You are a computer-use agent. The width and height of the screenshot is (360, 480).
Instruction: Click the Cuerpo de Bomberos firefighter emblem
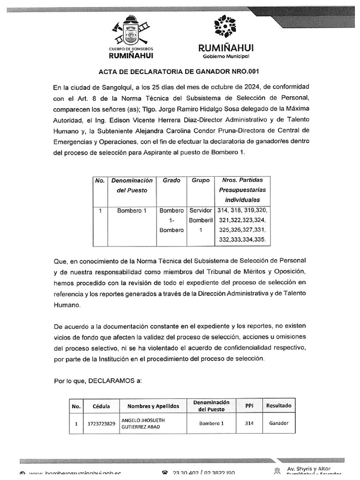131,30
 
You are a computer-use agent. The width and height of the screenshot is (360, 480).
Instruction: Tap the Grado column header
171,180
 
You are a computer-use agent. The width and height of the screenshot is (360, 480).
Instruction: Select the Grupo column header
201,180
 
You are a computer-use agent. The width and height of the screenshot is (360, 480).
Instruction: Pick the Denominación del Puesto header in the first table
132,185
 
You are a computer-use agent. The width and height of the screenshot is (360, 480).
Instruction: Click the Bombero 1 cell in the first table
132,210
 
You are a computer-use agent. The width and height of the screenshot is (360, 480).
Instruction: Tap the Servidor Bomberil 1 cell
201,220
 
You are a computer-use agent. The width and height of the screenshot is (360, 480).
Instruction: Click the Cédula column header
101,406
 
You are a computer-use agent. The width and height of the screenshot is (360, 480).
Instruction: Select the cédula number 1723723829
101,423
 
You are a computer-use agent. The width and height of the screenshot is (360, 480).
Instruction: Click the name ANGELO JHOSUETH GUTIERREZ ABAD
143,423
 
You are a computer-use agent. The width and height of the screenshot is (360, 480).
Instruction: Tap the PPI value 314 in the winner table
249,423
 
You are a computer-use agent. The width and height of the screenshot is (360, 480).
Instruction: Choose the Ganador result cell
278,423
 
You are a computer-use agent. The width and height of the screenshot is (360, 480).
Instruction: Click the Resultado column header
278,405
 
